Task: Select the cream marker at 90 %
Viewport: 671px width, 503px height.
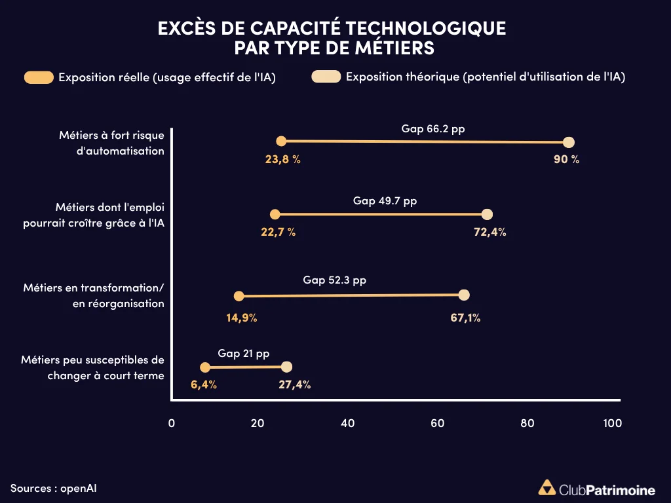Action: (x=569, y=143)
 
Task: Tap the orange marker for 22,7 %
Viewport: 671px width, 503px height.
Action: (x=275, y=214)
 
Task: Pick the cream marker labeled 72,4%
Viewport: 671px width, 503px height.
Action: (x=487, y=214)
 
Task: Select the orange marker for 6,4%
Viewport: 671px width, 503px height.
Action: (x=205, y=367)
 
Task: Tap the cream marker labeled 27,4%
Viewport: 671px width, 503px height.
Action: (x=286, y=367)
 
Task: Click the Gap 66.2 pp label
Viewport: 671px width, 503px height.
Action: (x=433, y=129)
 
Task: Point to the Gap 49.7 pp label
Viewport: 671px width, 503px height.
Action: (x=385, y=201)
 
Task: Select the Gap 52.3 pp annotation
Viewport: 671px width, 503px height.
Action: (x=334, y=280)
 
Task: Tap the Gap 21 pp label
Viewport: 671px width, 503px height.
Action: (x=244, y=354)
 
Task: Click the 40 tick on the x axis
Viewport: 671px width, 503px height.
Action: (x=348, y=423)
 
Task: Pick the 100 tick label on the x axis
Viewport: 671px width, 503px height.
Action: (x=612, y=423)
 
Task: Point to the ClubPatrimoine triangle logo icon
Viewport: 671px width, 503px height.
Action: (x=546, y=488)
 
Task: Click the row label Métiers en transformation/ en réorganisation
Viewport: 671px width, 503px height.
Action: (x=93, y=295)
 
